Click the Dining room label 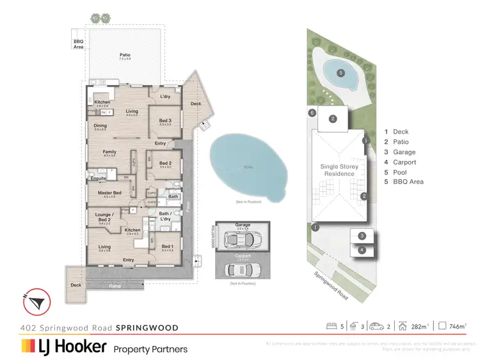coord(100,125)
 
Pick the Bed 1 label coord(167,246)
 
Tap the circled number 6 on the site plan coord(312,113)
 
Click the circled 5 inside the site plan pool coord(341,73)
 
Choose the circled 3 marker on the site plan coord(362,236)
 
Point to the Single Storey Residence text coord(338,169)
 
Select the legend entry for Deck coord(396,132)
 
